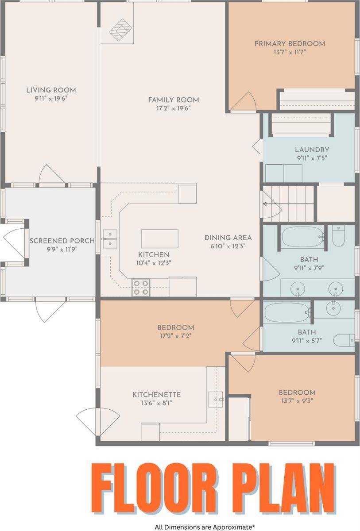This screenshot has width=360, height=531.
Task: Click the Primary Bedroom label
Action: [x=290, y=44]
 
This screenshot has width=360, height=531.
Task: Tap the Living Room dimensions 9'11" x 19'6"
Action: [x=51, y=98]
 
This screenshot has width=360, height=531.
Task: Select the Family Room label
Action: [x=173, y=100]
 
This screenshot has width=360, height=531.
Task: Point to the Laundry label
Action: [x=312, y=150]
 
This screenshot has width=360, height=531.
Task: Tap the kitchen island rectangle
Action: [x=159, y=239]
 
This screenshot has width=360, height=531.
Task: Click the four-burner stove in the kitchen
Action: [x=141, y=287]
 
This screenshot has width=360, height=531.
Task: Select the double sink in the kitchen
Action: [x=109, y=239]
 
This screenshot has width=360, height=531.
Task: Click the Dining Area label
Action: [x=228, y=238]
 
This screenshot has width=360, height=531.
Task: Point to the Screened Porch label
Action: [x=62, y=241]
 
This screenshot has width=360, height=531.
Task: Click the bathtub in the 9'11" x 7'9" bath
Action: [x=303, y=238]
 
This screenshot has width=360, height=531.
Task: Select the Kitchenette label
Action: [x=156, y=395]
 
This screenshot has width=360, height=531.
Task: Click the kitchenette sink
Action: [x=217, y=399]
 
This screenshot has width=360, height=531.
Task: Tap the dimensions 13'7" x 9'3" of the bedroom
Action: [x=297, y=401]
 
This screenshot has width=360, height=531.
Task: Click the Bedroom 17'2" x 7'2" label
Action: [x=175, y=327]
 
